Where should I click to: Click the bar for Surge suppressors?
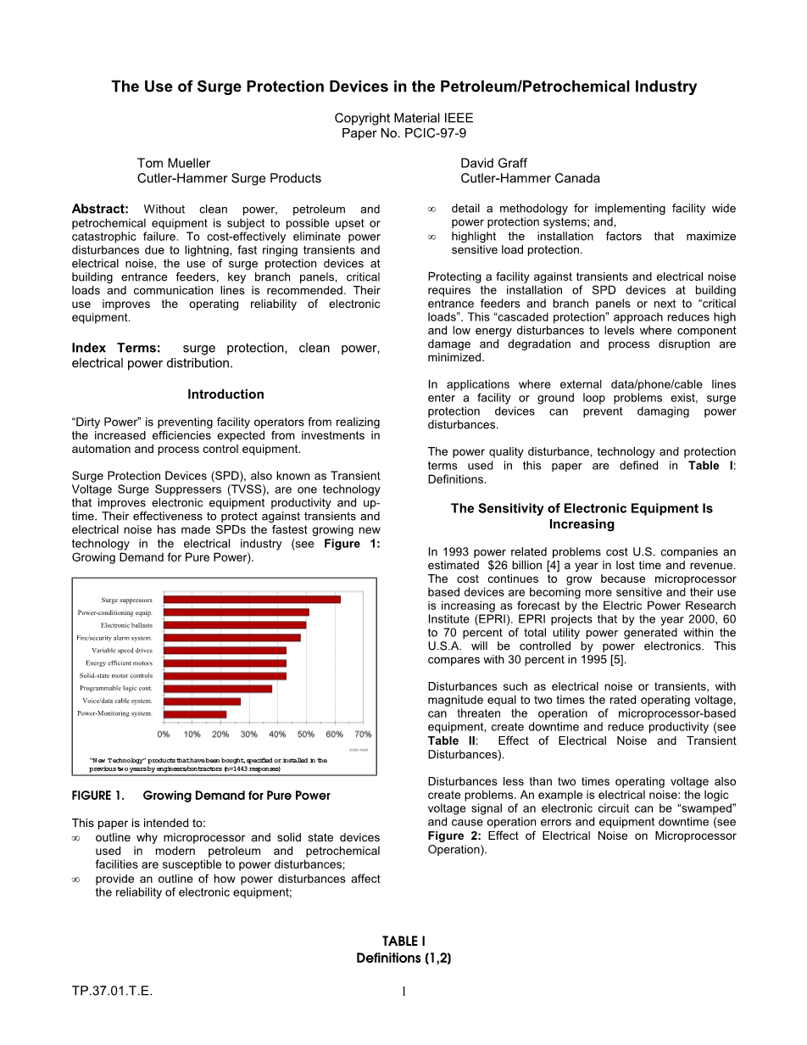click(252, 600)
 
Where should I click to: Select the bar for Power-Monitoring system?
click(195, 714)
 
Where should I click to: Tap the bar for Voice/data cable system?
click(202, 701)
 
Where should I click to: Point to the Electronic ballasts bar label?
click(126, 625)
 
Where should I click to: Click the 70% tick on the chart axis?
click(362, 734)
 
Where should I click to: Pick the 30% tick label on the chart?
click(248, 734)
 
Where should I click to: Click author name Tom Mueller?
click(174, 163)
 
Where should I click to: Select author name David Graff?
click(494, 163)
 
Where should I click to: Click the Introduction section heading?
click(225, 394)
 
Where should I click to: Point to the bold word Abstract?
click(100, 210)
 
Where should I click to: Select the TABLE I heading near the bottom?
click(403, 942)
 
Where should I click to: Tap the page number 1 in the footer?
click(404, 992)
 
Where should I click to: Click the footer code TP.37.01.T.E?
click(112, 992)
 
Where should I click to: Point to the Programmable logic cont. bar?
click(218, 689)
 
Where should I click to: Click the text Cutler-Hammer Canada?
click(530, 178)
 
